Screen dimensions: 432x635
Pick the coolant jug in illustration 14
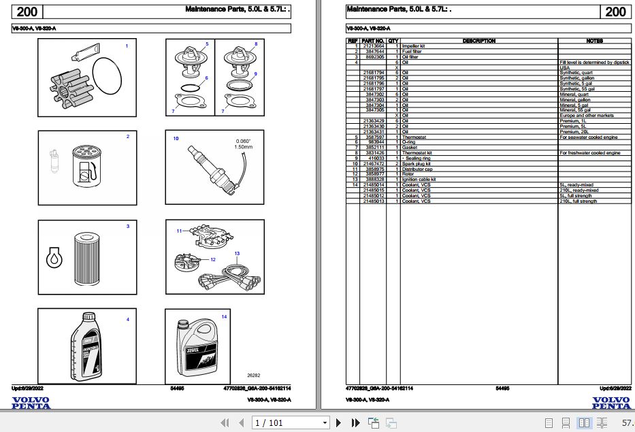point(197,349)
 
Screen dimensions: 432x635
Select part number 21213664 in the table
point(374,46)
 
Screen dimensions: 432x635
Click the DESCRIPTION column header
point(478,41)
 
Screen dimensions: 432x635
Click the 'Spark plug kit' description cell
point(416,164)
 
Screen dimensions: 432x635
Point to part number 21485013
point(374,201)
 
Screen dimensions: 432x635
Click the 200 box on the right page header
point(615,12)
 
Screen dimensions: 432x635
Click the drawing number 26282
point(253,375)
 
